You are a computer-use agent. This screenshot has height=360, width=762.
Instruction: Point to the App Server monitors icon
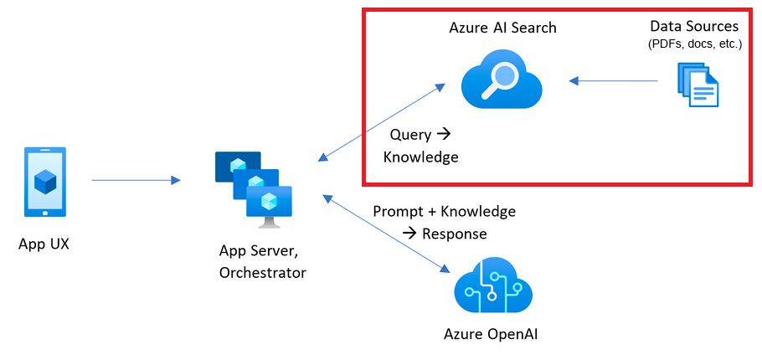tap(256, 188)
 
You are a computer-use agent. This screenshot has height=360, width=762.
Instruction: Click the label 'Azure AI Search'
tap(502, 28)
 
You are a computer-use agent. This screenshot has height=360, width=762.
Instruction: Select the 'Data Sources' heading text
tap(694, 27)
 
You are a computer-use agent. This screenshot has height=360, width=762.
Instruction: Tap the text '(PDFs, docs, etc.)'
tap(694, 44)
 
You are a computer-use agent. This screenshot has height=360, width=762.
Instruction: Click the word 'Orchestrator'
tap(262, 272)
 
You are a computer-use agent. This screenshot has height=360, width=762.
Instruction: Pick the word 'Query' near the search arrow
tap(409, 134)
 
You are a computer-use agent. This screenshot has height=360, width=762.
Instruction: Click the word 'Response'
tap(455, 234)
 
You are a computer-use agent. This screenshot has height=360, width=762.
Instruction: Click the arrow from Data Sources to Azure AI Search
tap(613, 81)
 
